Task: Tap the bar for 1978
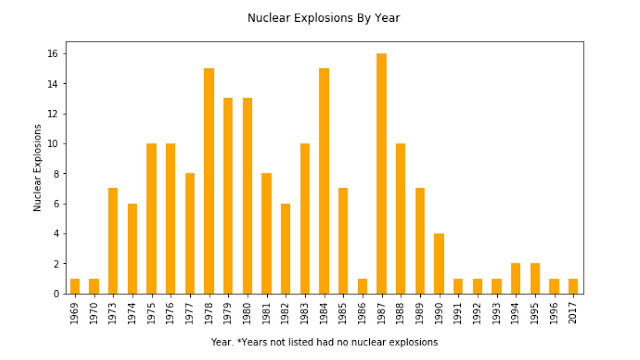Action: tap(209, 181)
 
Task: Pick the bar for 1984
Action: tap(324, 181)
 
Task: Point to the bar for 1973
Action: tap(113, 241)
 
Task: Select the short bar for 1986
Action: tap(362, 286)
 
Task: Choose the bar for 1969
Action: tap(75, 286)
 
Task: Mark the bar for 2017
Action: tap(573, 286)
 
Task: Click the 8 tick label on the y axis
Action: tap(58, 173)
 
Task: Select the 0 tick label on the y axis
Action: tap(58, 294)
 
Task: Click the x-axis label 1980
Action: tap(247, 312)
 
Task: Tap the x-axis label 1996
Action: tap(554, 312)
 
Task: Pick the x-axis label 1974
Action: tap(132, 312)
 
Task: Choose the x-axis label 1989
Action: tap(420, 312)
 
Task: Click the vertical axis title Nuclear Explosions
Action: tap(38, 167)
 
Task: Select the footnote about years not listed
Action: tap(324, 342)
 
